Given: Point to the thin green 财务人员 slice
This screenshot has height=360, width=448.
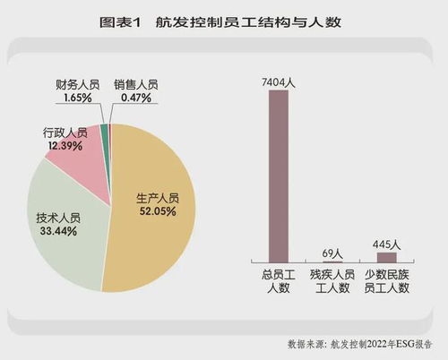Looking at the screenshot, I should [x=105, y=132].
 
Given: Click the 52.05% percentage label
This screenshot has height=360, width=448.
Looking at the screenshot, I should [x=156, y=211].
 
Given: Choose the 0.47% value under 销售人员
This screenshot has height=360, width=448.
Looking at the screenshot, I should [x=135, y=97].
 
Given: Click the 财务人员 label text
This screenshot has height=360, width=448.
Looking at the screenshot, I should [x=77, y=84].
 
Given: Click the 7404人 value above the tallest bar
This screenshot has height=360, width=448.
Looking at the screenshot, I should [x=279, y=81].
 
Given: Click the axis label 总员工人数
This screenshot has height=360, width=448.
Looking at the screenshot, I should [x=279, y=280].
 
